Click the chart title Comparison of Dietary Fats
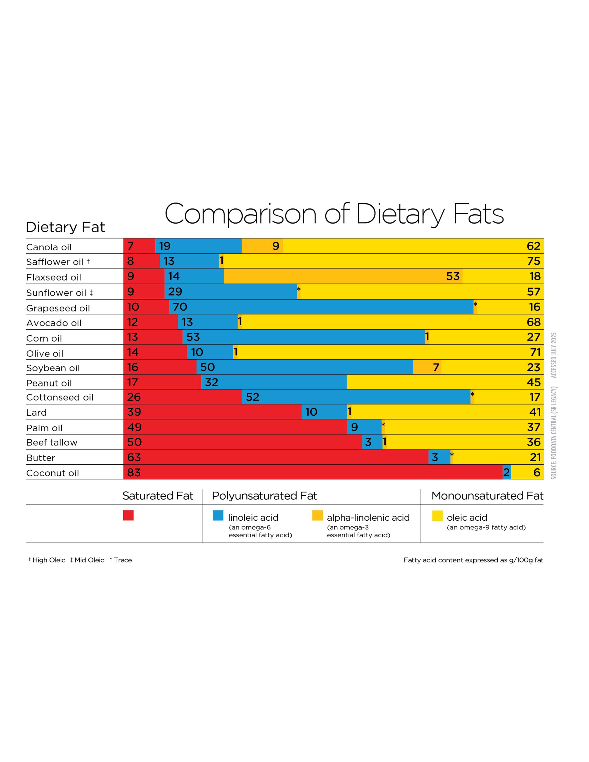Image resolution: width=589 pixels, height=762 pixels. (334, 214)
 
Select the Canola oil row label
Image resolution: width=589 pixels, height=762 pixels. (49, 247)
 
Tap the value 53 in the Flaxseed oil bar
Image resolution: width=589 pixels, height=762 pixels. (453, 276)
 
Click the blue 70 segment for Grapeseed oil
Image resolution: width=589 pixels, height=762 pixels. (321, 307)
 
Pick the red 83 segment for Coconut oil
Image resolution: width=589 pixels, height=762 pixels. (312, 472)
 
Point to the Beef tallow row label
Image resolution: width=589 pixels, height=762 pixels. (52, 442)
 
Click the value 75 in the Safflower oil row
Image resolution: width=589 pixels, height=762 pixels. (533, 261)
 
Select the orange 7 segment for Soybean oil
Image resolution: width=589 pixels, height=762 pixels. (427, 367)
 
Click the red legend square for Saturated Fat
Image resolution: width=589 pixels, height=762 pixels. (128, 515)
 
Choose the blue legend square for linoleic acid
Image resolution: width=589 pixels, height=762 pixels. (218, 515)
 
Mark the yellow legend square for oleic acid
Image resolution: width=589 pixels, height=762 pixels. (437, 515)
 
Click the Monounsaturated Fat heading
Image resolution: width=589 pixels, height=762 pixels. (487, 496)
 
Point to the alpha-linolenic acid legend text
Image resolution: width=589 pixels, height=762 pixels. (368, 518)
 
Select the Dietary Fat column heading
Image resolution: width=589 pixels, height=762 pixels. (65, 227)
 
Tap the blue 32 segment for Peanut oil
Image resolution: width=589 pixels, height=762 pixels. (274, 382)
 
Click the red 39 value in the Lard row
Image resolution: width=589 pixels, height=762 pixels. (134, 412)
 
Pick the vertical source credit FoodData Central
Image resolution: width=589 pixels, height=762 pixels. (554, 433)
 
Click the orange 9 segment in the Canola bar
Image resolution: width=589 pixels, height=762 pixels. (263, 246)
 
